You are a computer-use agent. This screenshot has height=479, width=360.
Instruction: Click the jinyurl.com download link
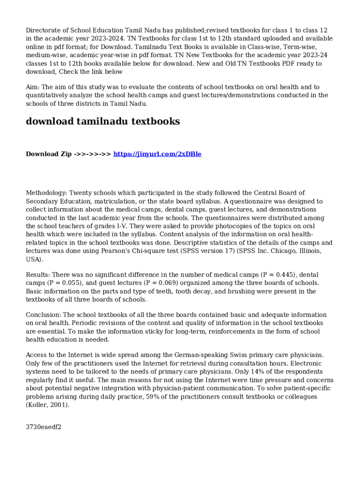click(x=157, y=154)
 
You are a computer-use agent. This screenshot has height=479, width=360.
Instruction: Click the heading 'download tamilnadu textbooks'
click(x=103, y=122)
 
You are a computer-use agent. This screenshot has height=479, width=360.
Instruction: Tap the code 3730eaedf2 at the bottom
click(x=43, y=427)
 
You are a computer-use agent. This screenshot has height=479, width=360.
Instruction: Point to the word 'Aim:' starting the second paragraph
click(x=33, y=87)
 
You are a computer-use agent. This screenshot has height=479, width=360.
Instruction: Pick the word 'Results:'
click(x=38, y=275)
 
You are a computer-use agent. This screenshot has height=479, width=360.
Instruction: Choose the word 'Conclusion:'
click(x=43, y=315)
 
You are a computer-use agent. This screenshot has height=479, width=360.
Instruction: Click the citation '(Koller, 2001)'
click(x=47, y=405)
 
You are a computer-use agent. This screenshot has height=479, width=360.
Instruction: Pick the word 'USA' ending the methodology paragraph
click(x=33, y=260)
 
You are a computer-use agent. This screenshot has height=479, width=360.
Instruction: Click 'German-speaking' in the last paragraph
click(x=185, y=355)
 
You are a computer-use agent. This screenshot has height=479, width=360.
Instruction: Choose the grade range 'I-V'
click(x=122, y=226)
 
